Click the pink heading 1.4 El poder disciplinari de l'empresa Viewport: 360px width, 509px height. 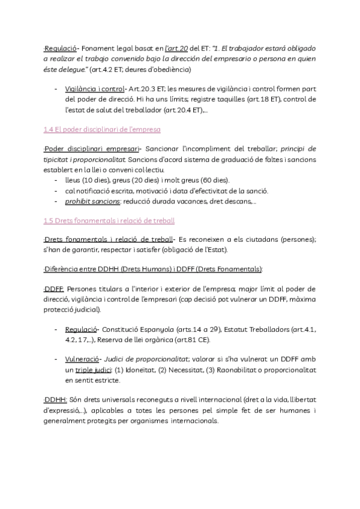[x=102, y=129]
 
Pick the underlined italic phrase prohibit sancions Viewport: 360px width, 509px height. [x=93, y=201]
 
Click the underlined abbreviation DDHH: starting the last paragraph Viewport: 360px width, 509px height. [x=54, y=399]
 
